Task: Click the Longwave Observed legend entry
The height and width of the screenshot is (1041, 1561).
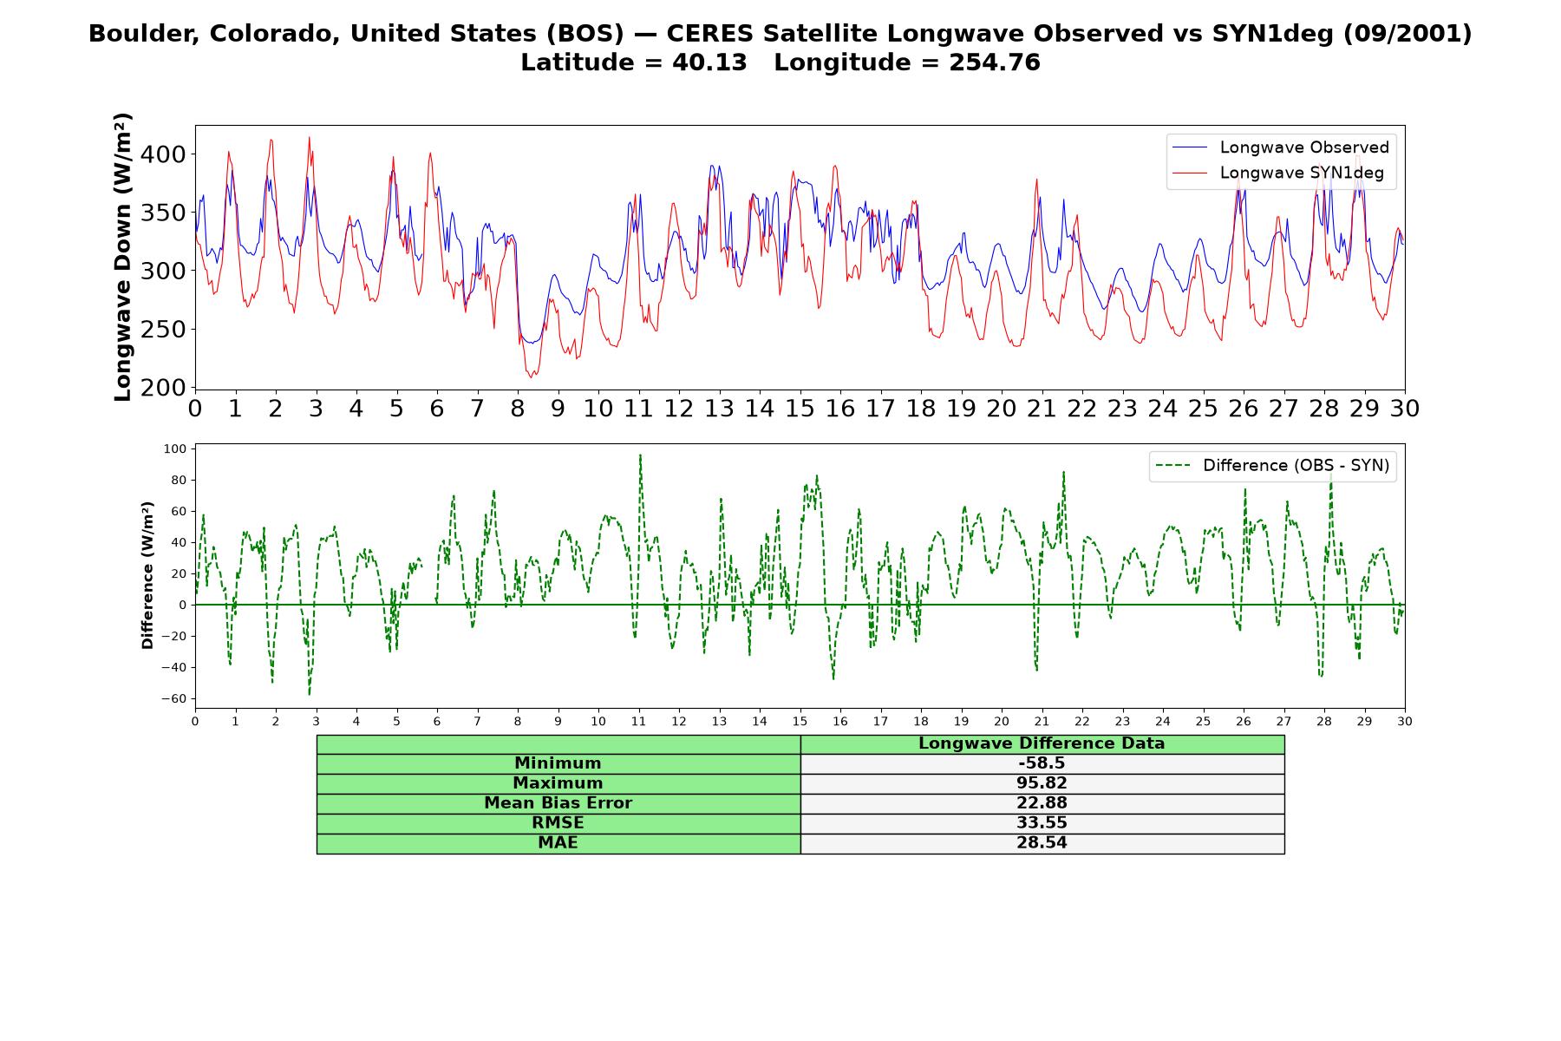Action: click(1280, 147)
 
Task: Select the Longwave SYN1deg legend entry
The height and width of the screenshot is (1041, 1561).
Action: click(1277, 173)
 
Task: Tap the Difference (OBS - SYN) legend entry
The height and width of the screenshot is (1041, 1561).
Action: click(1273, 466)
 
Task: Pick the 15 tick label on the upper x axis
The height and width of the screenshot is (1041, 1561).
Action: click(800, 409)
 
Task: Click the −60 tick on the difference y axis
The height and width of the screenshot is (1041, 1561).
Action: click(173, 699)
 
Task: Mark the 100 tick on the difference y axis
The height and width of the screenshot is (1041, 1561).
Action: click(175, 448)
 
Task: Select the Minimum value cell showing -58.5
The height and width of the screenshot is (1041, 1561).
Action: click(1042, 763)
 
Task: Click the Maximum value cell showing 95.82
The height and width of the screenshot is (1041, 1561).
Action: click(1042, 783)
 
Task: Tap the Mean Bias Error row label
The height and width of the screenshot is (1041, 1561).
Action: click(558, 803)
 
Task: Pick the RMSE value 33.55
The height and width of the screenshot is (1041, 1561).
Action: click(1042, 823)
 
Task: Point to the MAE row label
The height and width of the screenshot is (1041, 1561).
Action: click(558, 843)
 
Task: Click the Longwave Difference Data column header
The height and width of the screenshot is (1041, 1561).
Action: click(1042, 743)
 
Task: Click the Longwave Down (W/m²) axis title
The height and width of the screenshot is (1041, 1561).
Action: click(123, 257)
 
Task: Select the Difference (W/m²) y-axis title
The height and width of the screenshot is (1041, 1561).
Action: click(147, 575)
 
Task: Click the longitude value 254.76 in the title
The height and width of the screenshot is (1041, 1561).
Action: click(994, 62)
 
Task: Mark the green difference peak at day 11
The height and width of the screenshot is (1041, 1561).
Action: click(640, 455)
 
